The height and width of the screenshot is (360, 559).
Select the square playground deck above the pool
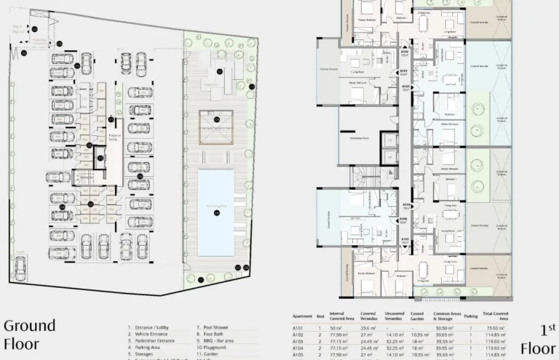216,127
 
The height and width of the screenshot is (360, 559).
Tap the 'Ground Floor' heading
29,334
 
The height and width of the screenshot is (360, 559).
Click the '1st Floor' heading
538,334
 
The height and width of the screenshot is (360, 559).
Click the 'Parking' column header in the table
471,316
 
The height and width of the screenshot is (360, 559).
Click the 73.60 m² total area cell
496,329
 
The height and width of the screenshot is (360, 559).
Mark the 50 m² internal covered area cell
336,329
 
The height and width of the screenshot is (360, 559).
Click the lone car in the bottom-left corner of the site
20,260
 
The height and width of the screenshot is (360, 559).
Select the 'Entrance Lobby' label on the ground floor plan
113,137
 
